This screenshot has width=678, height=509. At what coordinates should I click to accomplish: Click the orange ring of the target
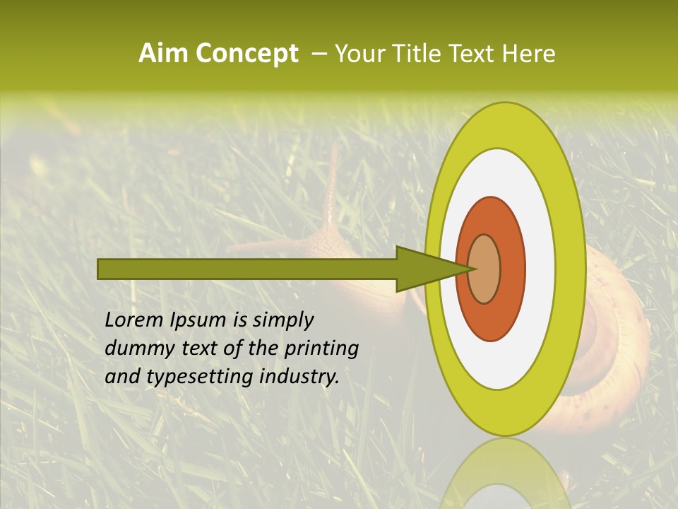(512, 269)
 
